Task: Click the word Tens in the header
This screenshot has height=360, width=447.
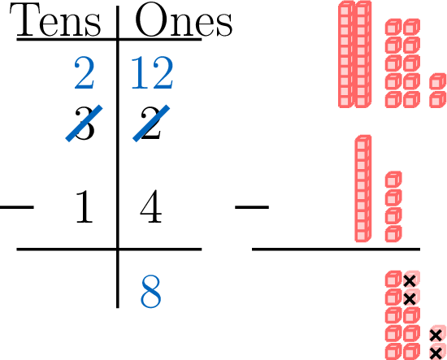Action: [x=55, y=20]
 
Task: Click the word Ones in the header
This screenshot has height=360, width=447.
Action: [x=184, y=20]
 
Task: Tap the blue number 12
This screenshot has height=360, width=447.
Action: [x=152, y=72]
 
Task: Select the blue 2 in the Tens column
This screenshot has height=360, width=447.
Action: [x=85, y=72]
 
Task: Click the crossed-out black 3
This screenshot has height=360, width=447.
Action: [x=85, y=124]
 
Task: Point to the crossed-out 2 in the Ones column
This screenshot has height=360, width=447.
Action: [x=151, y=124]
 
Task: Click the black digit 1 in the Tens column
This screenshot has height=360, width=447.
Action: [x=85, y=206]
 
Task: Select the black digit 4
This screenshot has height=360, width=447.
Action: [x=151, y=206]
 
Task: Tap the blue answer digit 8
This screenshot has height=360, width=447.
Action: [x=151, y=292]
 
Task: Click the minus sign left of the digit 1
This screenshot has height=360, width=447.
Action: [x=17, y=207]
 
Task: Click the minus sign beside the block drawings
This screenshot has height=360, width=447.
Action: [x=252, y=207]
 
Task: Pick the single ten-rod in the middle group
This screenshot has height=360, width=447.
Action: [x=363, y=189]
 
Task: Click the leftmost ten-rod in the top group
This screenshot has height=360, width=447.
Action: [x=346, y=54]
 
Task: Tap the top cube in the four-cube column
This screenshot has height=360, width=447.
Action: [x=393, y=180]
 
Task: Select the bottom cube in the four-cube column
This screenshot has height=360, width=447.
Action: [x=393, y=234]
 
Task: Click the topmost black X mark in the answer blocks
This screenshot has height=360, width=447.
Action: [x=410, y=281]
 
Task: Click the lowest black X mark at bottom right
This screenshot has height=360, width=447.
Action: [x=436, y=353]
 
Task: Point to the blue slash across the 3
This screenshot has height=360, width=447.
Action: [x=84, y=124]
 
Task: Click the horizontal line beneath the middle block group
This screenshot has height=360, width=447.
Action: [x=336, y=249]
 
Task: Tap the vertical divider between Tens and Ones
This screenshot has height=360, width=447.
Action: [x=118, y=157]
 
